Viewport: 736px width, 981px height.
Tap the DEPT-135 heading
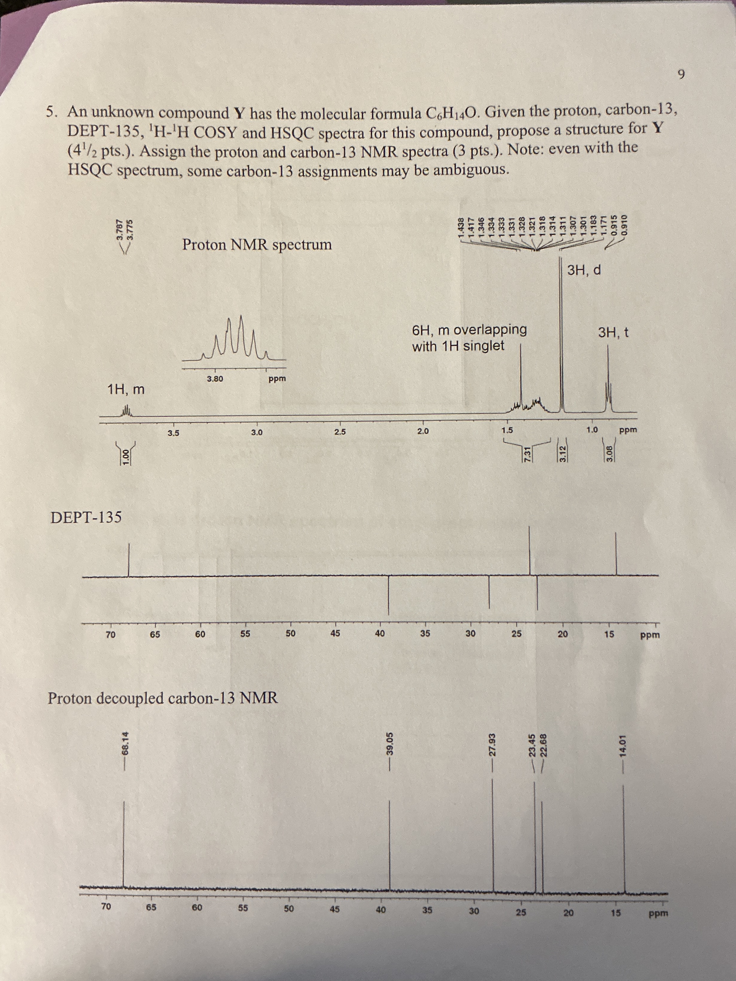[86, 517]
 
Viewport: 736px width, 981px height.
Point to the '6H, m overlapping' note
[469, 330]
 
